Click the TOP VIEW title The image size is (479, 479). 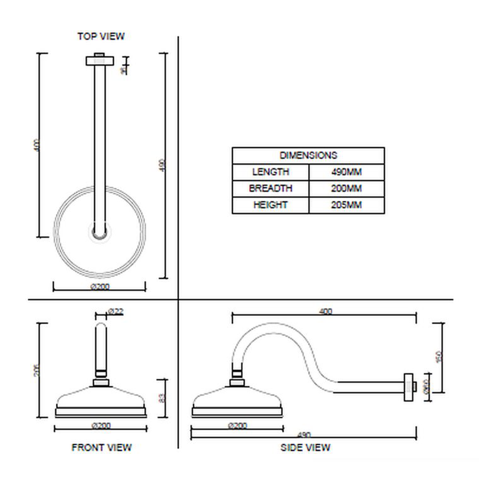101,36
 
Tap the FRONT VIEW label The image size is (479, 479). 102,448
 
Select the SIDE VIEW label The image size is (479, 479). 305,448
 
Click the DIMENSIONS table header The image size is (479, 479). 308,155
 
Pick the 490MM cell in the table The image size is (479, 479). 346,172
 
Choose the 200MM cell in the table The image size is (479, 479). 346,188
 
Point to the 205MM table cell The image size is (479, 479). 346,205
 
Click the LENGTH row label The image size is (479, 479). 271,172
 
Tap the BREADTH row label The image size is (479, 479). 271,188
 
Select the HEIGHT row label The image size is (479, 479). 271,205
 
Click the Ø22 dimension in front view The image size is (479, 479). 115,312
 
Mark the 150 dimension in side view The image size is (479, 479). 439,357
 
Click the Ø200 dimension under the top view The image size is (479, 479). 100,287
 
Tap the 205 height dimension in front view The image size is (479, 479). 37,370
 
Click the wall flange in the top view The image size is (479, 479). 100,61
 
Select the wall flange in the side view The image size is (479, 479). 409,388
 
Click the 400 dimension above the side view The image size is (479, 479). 325,311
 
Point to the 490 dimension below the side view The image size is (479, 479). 304,435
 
